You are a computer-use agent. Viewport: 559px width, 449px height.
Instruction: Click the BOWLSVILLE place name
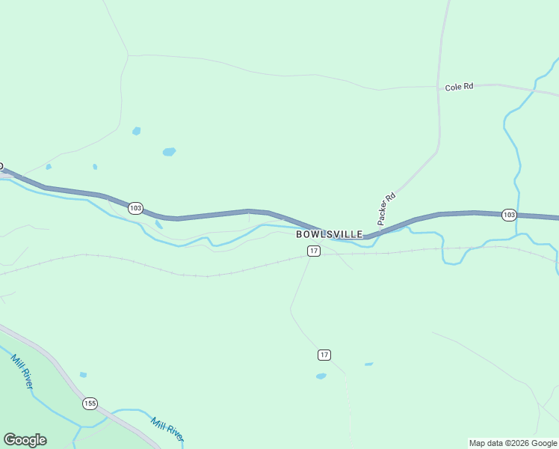(330, 234)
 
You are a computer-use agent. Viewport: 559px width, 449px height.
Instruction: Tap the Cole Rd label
(459, 87)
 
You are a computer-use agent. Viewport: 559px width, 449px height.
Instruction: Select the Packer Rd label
(386, 209)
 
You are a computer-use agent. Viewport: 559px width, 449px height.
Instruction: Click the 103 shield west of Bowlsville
(135, 208)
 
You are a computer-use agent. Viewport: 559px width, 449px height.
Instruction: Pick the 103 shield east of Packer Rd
(508, 215)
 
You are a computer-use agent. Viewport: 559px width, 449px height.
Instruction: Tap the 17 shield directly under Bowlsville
(314, 251)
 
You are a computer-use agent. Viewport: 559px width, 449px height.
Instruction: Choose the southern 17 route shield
(324, 354)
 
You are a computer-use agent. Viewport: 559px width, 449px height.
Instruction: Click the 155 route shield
(90, 403)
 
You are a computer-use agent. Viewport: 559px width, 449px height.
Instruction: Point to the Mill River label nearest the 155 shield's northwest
(22, 370)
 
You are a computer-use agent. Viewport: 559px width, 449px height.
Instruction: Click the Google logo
(25, 440)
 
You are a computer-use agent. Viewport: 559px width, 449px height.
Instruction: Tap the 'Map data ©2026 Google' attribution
(513, 443)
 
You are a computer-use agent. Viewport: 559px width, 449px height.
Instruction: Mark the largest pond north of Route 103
(169, 152)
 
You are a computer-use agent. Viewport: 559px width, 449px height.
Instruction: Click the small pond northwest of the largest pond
(136, 131)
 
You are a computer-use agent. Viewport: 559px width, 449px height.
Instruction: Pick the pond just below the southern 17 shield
(321, 376)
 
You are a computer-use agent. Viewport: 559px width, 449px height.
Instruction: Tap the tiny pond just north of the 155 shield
(83, 374)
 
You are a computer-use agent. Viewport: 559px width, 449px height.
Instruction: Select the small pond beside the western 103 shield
(158, 224)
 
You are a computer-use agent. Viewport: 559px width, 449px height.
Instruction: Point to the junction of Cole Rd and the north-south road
(438, 87)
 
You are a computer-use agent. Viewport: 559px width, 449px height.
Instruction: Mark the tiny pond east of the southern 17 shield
(368, 364)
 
